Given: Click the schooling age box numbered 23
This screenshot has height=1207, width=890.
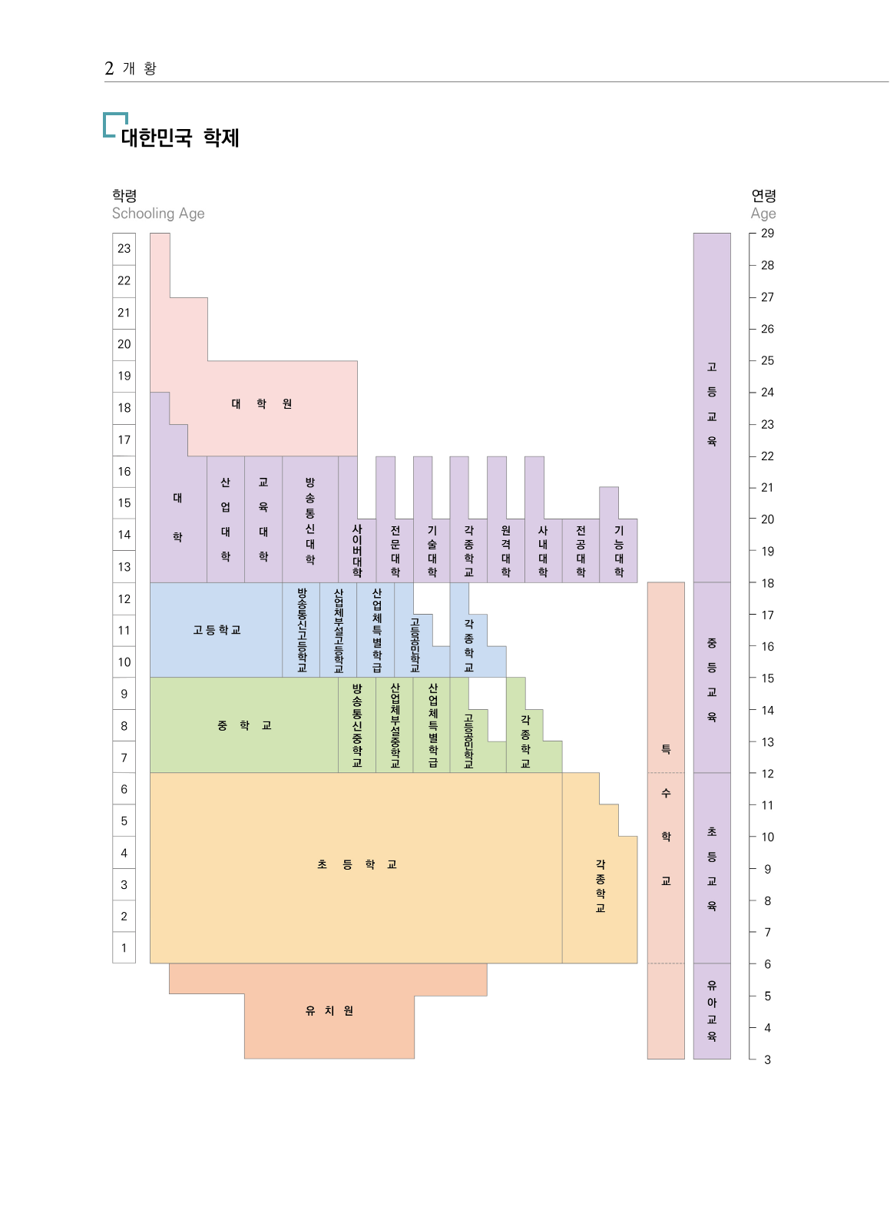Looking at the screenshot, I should click(124, 249).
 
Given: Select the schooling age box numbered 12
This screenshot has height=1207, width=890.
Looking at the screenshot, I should click(124, 599).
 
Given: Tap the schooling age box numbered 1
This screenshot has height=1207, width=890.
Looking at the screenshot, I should click(124, 948).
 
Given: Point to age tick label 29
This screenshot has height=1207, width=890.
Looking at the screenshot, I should click(767, 234).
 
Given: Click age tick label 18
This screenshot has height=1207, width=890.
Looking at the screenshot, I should click(767, 583).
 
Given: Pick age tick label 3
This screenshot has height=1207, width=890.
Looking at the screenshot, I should click(767, 1059).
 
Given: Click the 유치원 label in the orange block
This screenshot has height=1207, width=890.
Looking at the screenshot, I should click(329, 1011).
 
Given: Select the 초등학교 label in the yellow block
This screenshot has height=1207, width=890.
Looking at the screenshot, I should click(356, 865).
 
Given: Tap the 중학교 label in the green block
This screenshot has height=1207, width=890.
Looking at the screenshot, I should click(244, 725).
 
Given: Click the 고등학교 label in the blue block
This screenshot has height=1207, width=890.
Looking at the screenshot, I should click(217, 630).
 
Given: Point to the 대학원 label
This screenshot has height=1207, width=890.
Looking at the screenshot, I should click(261, 404).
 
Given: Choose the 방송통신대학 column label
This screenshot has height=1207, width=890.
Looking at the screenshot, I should click(310, 520).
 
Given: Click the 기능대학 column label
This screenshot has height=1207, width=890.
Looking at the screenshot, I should click(619, 551).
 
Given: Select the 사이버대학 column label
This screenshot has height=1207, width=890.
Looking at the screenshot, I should click(357, 550).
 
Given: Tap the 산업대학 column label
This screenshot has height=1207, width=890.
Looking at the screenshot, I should click(226, 519).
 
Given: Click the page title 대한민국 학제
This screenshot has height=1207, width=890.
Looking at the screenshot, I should click(180, 138).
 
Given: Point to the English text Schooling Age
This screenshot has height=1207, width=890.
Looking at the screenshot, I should click(158, 214).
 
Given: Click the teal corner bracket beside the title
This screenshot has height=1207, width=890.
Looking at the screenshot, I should click(114, 124).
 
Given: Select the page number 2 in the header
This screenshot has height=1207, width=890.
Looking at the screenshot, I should click(109, 69).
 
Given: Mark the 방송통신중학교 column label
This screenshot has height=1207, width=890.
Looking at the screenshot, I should click(357, 725).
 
